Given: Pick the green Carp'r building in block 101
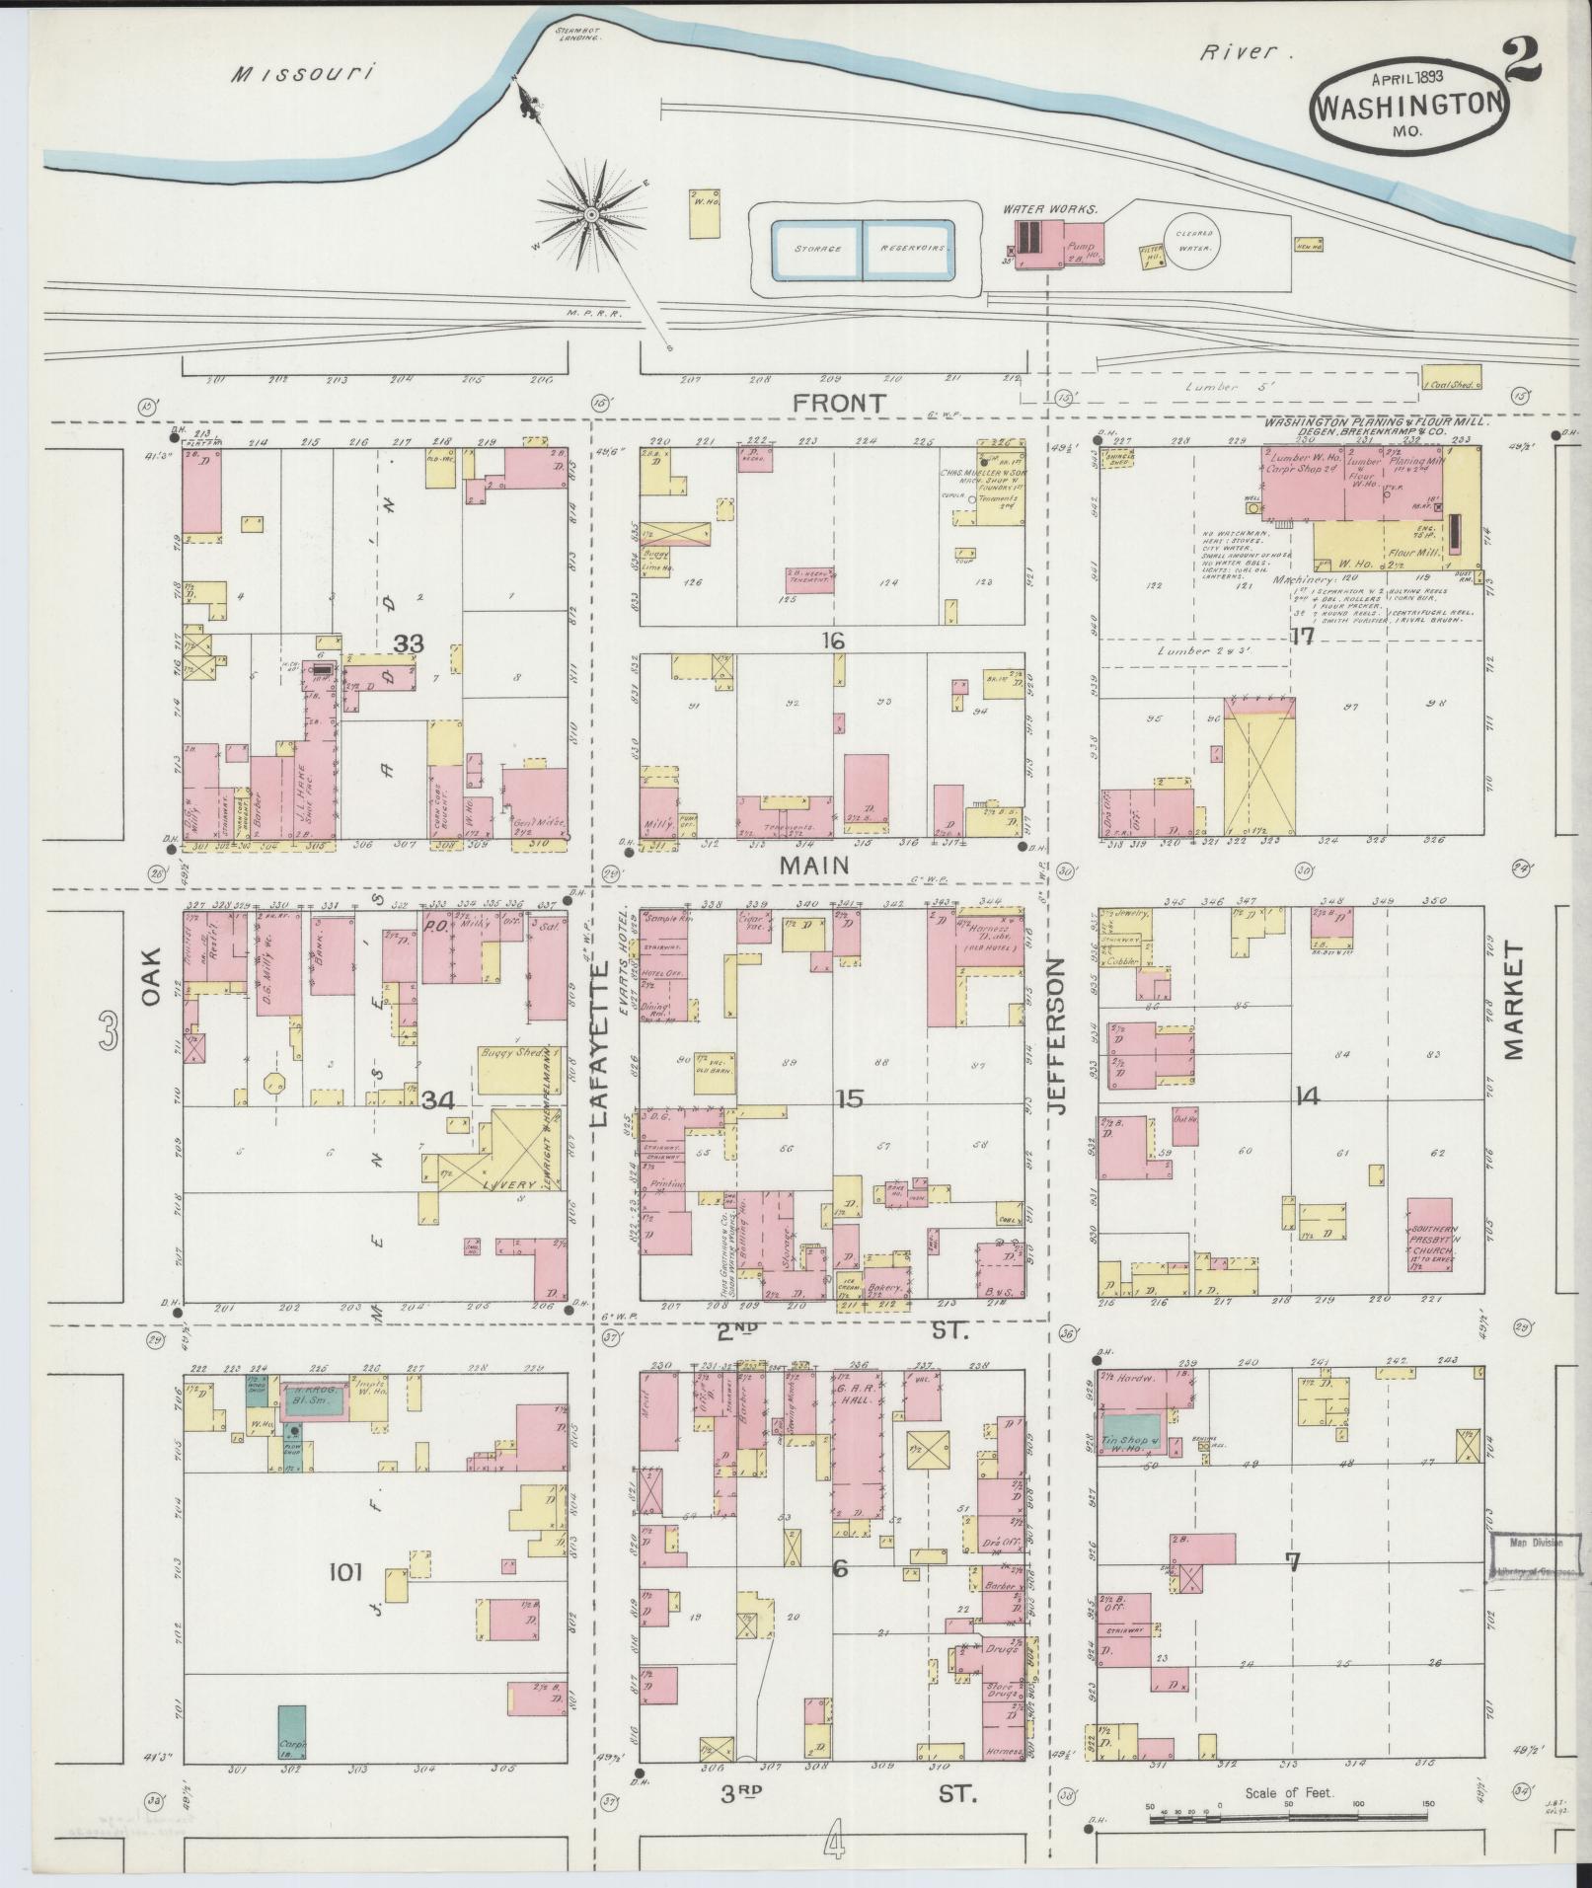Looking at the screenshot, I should click(x=291, y=1730).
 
